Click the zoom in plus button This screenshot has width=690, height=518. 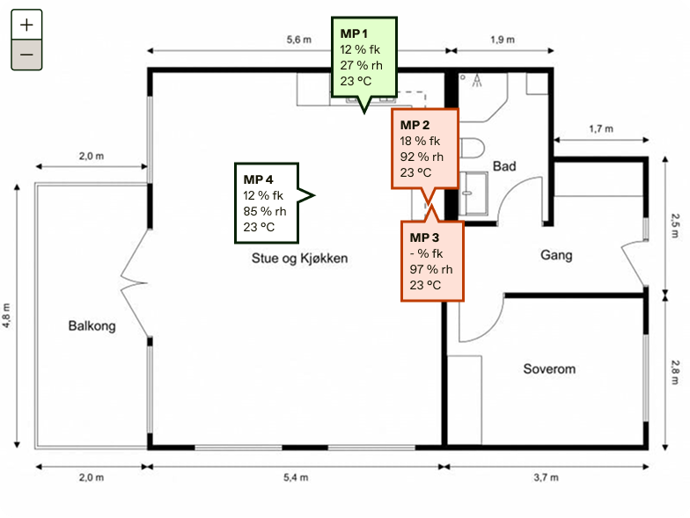pyautogui.click(x=26, y=25)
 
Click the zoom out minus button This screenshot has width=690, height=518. pyautogui.click(x=26, y=55)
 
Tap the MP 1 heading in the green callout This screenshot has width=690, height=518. pyautogui.click(x=354, y=33)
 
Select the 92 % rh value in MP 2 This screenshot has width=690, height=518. pyautogui.click(x=422, y=157)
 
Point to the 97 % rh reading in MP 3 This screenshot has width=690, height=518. pyautogui.click(x=431, y=269)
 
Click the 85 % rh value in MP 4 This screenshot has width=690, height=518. pyautogui.click(x=265, y=211)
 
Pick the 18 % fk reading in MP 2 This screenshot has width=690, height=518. pyautogui.click(x=420, y=141)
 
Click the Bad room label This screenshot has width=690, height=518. pyautogui.click(x=504, y=166)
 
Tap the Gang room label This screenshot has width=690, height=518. pyautogui.click(x=556, y=255)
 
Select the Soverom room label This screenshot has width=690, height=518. pyautogui.click(x=549, y=368)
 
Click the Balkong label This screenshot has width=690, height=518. pyautogui.click(x=92, y=325)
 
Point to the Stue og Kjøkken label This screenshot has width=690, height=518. pyautogui.click(x=299, y=259)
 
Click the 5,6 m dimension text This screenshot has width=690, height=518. pyautogui.click(x=299, y=40)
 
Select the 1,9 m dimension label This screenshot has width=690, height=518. pyautogui.click(x=503, y=40)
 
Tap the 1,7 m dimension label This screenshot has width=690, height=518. pyautogui.click(x=601, y=128)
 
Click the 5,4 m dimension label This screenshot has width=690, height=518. pyautogui.click(x=296, y=478)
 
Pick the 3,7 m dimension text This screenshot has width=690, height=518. pyautogui.click(x=546, y=478)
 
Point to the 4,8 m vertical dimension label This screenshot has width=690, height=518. pyautogui.click(x=7, y=315)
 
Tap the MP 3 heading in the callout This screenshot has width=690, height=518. pyautogui.click(x=424, y=237)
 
